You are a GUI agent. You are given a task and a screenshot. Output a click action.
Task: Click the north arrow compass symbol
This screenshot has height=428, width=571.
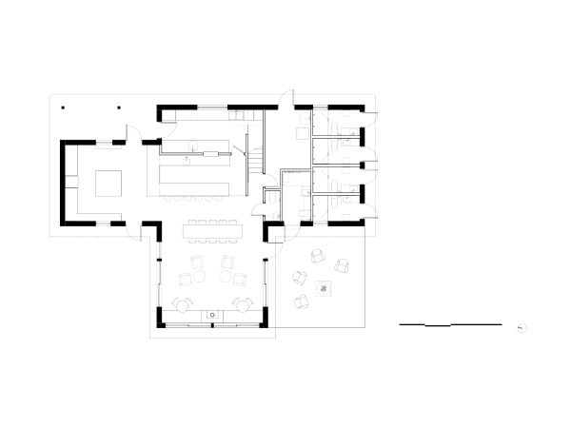522,327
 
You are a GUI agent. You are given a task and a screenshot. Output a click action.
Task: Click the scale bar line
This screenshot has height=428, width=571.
449,325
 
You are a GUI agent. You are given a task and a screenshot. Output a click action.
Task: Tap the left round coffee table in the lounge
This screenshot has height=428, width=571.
201,277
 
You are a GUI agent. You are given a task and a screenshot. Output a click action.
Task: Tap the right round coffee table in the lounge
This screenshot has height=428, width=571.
227,277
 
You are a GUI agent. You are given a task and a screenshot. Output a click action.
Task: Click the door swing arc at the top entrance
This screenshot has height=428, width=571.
285,100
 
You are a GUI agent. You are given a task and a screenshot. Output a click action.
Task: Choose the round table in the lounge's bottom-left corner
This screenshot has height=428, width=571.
180,305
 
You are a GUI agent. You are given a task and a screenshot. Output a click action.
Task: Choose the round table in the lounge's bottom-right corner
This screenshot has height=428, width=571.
242,305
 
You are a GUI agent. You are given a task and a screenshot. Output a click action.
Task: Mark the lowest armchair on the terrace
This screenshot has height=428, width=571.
303,302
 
